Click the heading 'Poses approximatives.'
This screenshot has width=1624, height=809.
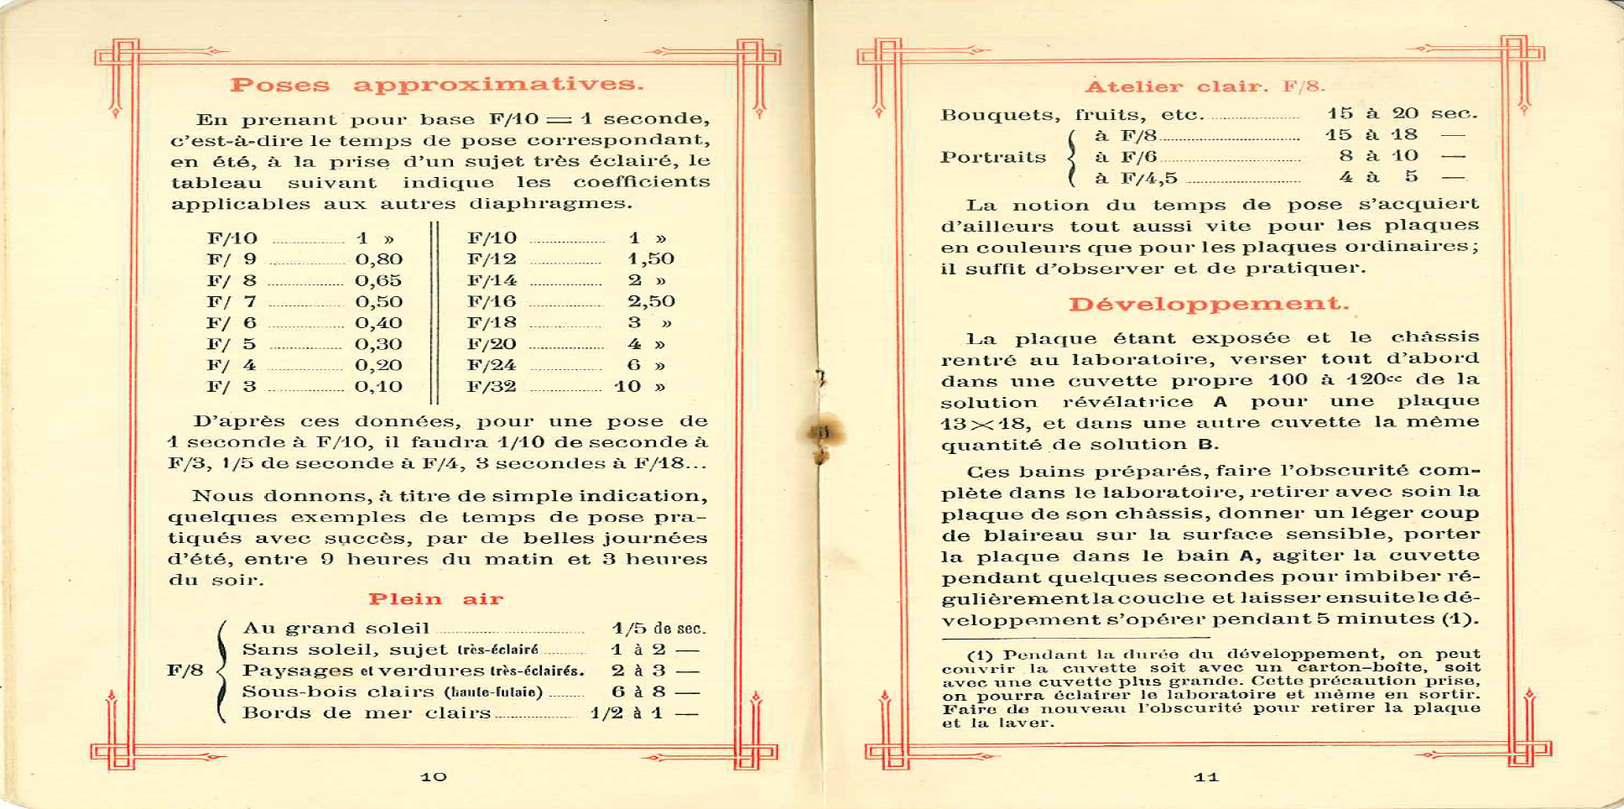(437, 85)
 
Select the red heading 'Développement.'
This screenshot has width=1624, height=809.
(1209, 304)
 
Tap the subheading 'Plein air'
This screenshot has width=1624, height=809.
(435, 599)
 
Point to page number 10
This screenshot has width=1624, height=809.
(434, 777)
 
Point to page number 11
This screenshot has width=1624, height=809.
(1206, 777)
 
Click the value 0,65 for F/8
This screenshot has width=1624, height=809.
(378, 280)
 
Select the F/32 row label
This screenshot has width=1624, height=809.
(492, 387)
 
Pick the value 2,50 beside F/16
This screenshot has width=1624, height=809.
(651, 301)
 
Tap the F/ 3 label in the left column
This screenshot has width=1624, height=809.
(232, 387)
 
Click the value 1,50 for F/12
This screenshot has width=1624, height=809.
(651, 259)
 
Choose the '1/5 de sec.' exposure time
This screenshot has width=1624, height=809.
(658, 629)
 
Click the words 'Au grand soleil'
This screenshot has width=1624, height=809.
(336, 629)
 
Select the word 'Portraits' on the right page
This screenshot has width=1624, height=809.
(993, 157)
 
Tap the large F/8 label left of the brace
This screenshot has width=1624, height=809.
(185, 671)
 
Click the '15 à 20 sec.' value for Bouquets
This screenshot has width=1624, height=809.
(1402, 113)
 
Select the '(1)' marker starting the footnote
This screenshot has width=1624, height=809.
(981, 655)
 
